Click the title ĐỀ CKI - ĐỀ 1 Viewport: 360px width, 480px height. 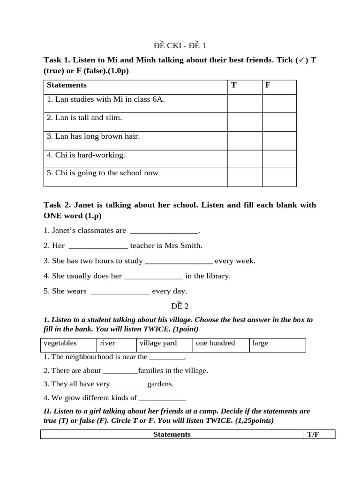[180, 45]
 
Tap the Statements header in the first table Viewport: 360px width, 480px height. [67, 85]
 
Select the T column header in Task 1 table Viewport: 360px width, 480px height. [234, 85]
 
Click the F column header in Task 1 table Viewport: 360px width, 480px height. [268, 85]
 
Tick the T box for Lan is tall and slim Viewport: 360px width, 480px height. [245, 122]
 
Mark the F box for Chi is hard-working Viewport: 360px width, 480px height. [279, 159]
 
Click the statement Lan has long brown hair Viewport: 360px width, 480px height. [93, 136]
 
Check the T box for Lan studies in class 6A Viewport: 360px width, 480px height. [245, 103]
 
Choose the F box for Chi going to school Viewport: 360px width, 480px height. [279, 177]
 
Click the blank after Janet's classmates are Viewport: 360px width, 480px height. [164, 231]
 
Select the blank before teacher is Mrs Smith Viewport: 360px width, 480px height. [98, 246]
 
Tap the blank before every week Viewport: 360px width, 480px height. [179, 261]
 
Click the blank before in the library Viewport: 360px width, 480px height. [153, 276]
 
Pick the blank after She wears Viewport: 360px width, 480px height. [120, 291]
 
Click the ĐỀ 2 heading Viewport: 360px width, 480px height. [180, 306]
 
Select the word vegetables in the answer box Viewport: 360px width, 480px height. [60, 343]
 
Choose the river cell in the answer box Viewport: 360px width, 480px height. [107, 343]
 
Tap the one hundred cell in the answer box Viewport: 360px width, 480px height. [215, 343]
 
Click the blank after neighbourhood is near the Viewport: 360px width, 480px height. [167, 357]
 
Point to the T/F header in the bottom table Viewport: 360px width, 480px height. [313, 435]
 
